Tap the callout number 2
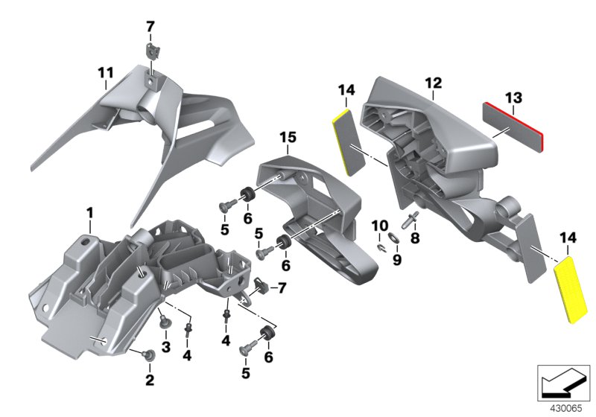pos(150,381)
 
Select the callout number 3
pos(166,347)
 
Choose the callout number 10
pos(380,225)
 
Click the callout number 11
pos(106,73)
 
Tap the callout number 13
pos(514,98)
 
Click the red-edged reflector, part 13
pos(514,124)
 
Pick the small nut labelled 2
pos(148,354)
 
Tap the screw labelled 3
pos(165,323)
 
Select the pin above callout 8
pos(410,219)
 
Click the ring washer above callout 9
pos(395,240)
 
